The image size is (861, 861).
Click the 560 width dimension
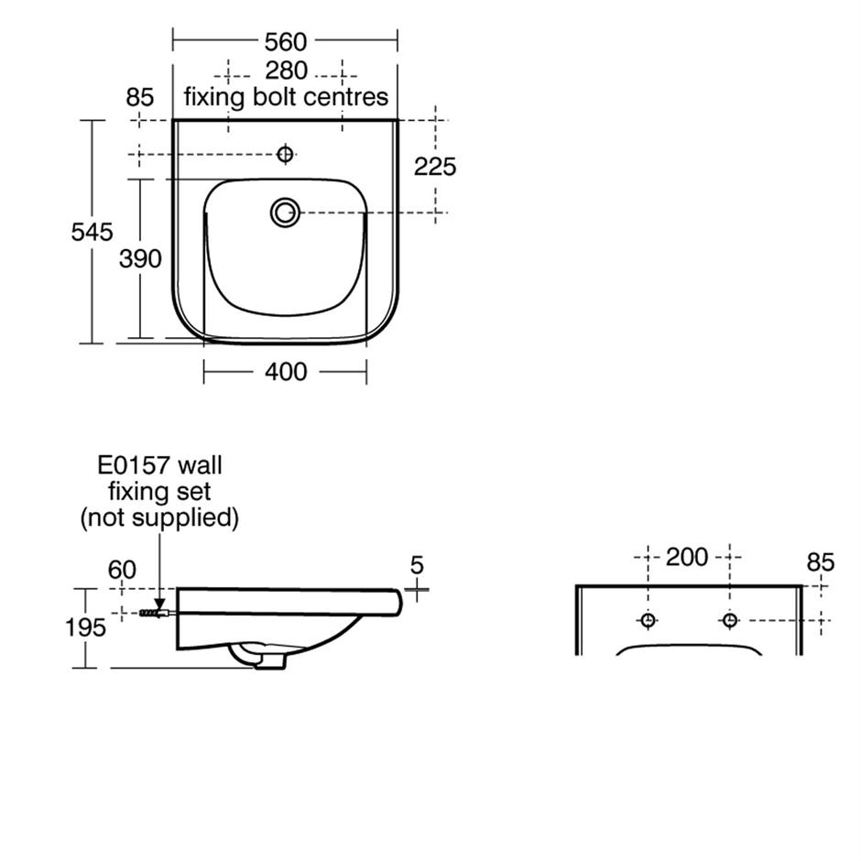pyautogui.click(x=286, y=41)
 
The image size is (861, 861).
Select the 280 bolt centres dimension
pyautogui.click(x=286, y=71)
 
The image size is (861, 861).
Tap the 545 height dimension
pyautogui.click(x=93, y=231)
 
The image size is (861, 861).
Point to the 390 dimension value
pyautogui.click(x=140, y=259)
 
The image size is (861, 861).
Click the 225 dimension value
pyautogui.click(x=435, y=167)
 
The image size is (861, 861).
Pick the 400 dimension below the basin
pyautogui.click(x=286, y=372)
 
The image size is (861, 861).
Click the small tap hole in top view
pyautogui.click(x=285, y=154)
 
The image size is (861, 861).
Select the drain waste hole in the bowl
pyautogui.click(x=285, y=213)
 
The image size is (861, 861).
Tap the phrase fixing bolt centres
pyautogui.click(x=287, y=96)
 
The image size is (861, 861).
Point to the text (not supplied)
pyautogui.click(x=159, y=518)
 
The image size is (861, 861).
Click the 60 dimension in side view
pyautogui.click(x=122, y=570)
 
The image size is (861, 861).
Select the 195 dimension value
pyautogui.click(x=85, y=628)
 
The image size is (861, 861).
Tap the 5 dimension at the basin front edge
pyautogui.click(x=418, y=565)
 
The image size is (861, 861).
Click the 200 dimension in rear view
pyautogui.click(x=687, y=557)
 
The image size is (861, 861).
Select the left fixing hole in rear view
pyautogui.click(x=648, y=620)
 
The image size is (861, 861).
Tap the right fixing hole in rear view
pyautogui.click(x=729, y=620)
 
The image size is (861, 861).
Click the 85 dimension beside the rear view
pyautogui.click(x=821, y=561)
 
